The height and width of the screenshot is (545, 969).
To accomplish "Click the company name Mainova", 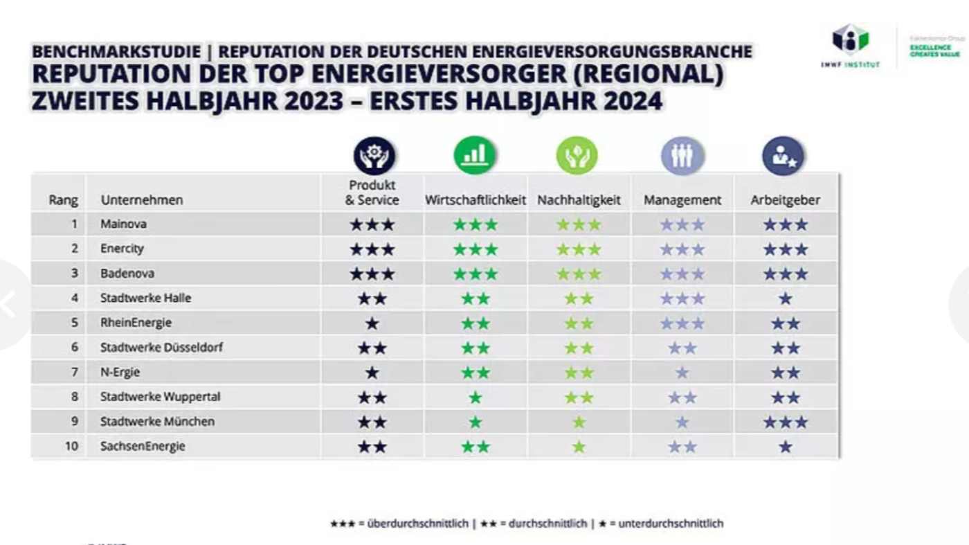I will pos(123,224).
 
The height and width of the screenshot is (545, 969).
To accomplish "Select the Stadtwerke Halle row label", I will pos(145,298).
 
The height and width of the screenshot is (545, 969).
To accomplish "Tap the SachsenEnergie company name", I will pos(143,447).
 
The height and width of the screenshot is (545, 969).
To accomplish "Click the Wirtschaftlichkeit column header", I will pos(476,200).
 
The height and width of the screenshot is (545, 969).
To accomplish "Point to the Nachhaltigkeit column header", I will pos(579,200).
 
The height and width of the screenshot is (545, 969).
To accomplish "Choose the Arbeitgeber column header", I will pos(785,200).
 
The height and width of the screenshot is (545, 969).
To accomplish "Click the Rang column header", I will pos(63,200).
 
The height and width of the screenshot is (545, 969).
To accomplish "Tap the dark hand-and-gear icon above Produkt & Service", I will pos(374,155).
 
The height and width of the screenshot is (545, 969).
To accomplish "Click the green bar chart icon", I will pos(475,155).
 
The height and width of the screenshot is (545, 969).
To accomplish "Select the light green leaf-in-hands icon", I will pos(577,155).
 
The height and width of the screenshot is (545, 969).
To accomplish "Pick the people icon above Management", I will pos(682,155).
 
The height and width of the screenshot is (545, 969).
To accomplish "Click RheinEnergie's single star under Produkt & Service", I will pos(372,323).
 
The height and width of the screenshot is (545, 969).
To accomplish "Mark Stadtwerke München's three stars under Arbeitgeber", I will pos(785,422).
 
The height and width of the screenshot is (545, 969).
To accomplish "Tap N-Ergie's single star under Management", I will pos(682,373).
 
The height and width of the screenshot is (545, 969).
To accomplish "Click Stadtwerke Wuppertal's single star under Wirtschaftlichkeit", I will pos(476,397).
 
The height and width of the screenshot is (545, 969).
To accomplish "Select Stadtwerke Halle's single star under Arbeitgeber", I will pos(785,298).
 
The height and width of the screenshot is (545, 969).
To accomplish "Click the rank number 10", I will pos(71,447).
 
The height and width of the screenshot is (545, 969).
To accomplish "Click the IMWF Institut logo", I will pos(850,46).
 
